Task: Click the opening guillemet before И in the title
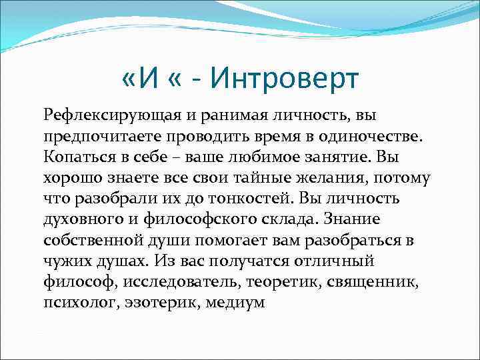tap(131, 81)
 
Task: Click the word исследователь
tap(181, 281)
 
